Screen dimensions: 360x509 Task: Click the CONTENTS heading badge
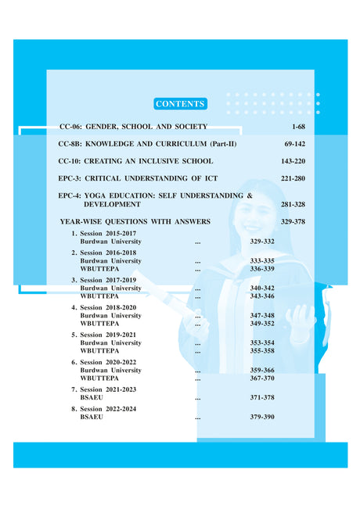pyautogui.click(x=180, y=104)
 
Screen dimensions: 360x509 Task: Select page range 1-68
pyautogui.click(x=297, y=126)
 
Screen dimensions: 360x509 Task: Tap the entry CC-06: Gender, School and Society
pyautogui.click(x=134, y=126)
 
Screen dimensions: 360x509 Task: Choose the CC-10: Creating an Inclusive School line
pyautogui.click(x=135, y=161)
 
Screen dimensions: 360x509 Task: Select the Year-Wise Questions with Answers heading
pyautogui.click(x=135, y=222)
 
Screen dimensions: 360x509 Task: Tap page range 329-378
pyautogui.click(x=293, y=222)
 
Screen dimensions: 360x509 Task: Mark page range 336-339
pyautogui.click(x=262, y=268)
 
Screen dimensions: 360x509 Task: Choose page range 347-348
pyautogui.click(x=262, y=315)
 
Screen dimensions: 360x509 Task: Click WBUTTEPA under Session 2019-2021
pyautogui.click(x=99, y=350)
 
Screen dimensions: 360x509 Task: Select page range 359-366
pyautogui.click(x=262, y=370)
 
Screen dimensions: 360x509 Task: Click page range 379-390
pyautogui.click(x=262, y=418)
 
